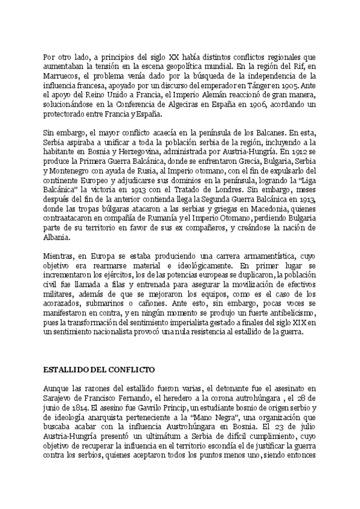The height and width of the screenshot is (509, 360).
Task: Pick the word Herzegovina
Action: (x=124, y=153)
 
